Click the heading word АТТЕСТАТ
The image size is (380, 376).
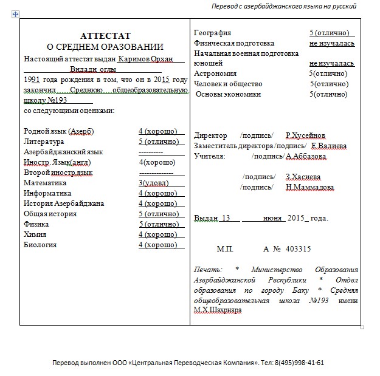(x=105, y=36)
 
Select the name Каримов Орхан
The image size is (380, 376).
(x=147, y=58)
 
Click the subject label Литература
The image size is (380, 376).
(x=44, y=141)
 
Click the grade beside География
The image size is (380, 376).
(x=331, y=32)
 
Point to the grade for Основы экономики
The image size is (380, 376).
(x=328, y=94)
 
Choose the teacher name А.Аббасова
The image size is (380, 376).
(x=305, y=156)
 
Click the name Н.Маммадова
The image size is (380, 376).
(x=309, y=187)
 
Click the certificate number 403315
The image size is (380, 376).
(x=298, y=248)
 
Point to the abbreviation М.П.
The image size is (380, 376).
(x=225, y=248)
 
